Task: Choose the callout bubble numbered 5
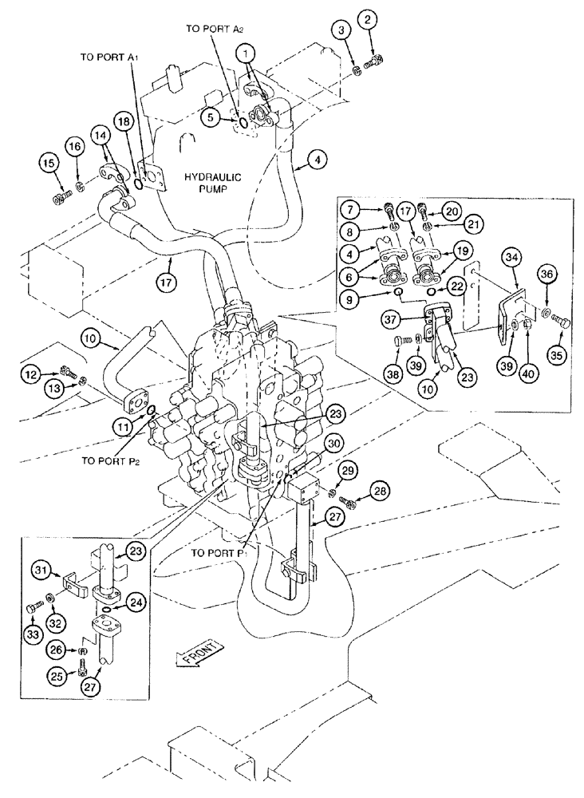211,117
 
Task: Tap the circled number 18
123,120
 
